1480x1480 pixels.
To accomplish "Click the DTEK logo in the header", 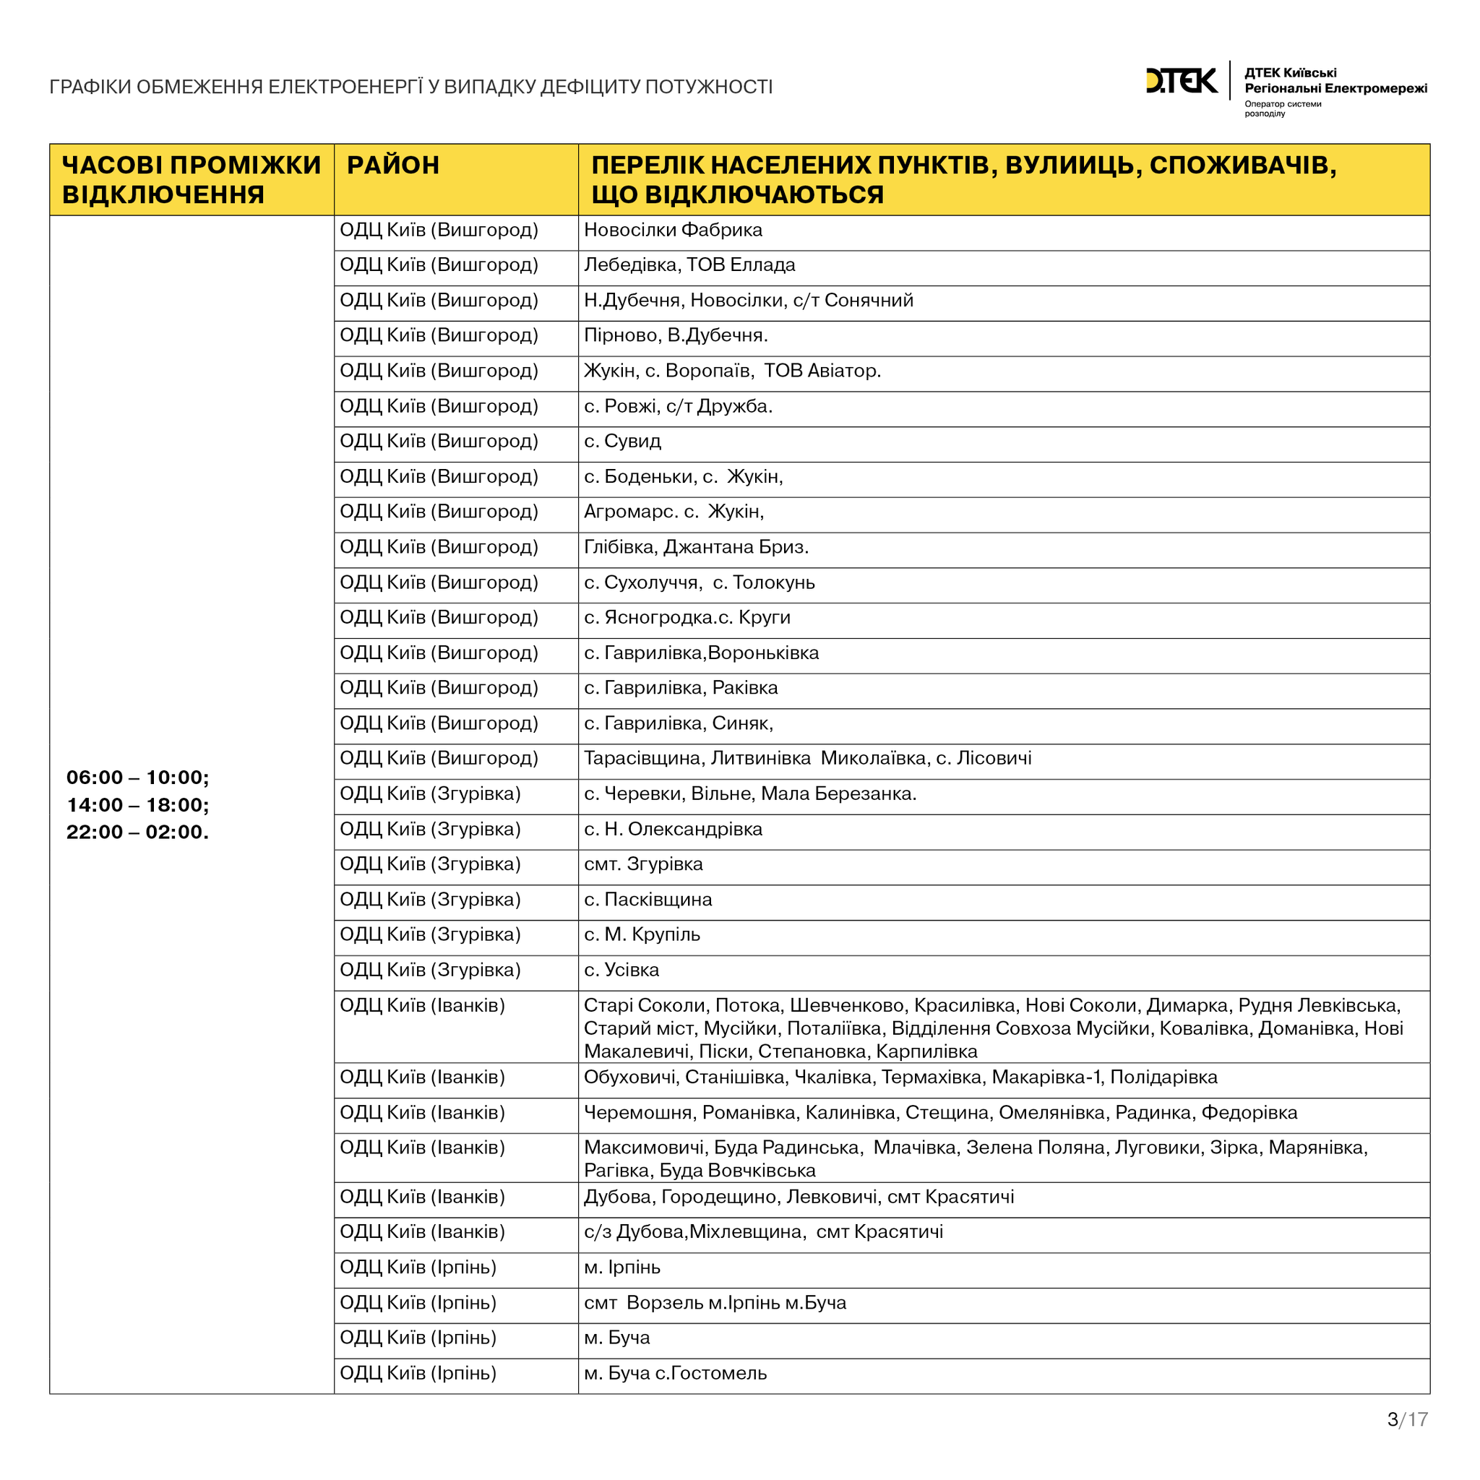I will pos(1181,80).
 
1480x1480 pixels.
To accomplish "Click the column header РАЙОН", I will pos(393,165).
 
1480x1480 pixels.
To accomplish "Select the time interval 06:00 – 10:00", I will pos(137,778).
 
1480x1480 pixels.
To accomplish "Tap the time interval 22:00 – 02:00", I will pos(137,832).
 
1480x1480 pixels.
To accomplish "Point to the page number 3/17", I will pos(1407,1419).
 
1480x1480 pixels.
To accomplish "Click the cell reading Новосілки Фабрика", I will pos(673,230).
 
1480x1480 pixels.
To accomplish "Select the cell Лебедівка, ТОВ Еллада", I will pos(689,265).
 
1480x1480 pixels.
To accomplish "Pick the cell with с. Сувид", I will pos(622,442).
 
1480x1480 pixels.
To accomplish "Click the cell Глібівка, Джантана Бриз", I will pos(696,547).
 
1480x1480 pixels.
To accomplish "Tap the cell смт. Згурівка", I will pos(642,864).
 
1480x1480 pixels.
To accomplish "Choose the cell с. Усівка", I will pos(621,970).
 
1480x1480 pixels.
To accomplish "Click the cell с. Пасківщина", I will pos(647,899).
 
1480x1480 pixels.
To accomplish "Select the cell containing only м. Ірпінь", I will pos(621,1267).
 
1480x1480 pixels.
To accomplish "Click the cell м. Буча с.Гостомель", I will pos(675,1373).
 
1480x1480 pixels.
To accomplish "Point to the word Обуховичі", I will pos(629,1077).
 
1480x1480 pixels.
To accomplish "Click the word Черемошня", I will pos(638,1112).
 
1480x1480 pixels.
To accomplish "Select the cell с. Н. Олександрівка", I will pos(673,829).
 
